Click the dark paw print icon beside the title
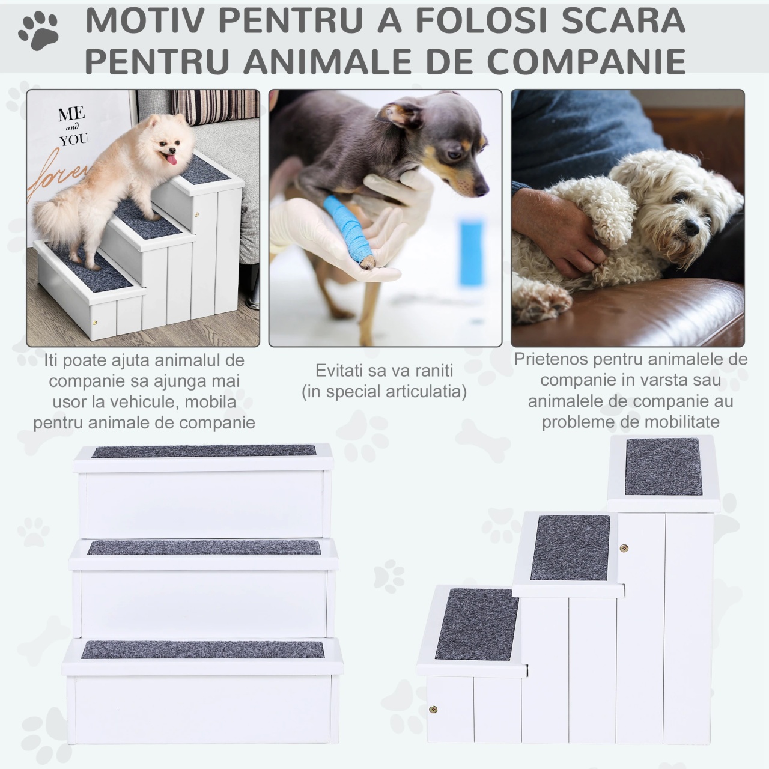coord(38,31)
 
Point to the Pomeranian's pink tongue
coord(172,160)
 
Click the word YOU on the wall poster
coord(74,139)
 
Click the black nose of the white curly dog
coord(692,228)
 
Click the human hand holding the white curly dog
coord(559,231)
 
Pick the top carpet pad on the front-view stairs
coord(204,451)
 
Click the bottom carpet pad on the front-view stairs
coord(202,649)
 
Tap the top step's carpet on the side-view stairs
coord(663,467)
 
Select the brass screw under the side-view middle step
coord(624,549)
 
